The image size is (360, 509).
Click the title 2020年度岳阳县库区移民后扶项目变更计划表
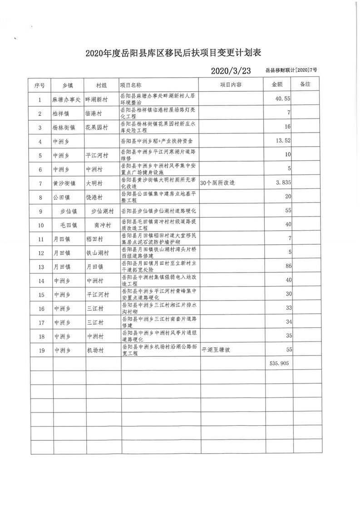pyautogui.click(x=180, y=54)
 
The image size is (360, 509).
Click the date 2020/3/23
pyautogui.click(x=231, y=71)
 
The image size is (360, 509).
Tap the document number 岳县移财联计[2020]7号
pyautogui.click(x=291, y=71)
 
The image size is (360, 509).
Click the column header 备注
pyautogui.click(x=305, y=85)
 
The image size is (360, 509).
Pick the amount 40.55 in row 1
pyautogui.click(x=283, y=99)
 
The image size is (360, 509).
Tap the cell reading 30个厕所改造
pyautogui.click(x=218, y=183)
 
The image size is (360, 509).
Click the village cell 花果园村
pyautogui.click(x=98, y=127)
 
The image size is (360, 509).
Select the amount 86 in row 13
pyautogui.click(x=287, y=267)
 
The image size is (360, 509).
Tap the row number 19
pyautogui.click(x=40, y=350)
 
